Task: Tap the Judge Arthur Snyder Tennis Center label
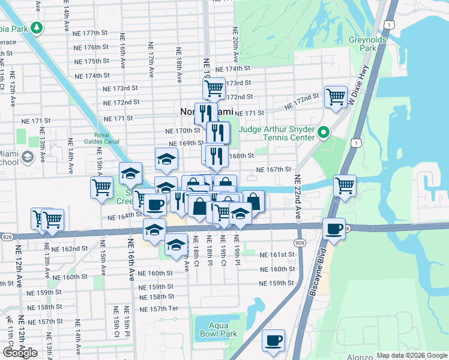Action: (x=277, y=133)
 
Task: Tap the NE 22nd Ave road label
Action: (x=297, y=197)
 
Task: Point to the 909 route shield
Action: (x=299, y=242)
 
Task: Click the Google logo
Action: (x=20, y=353)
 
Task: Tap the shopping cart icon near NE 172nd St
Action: (x=336, y=96)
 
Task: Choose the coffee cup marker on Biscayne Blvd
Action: (x=333, y=229)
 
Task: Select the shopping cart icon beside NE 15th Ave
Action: (x=101, y=187)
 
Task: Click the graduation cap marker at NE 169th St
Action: (x=166, y=158)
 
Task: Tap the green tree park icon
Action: (x=37, y=28)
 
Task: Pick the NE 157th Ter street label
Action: (x=160, y=309)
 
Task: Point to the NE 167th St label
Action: (x=273, y=170)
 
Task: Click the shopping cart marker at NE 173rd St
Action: (x=214, y=88)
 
